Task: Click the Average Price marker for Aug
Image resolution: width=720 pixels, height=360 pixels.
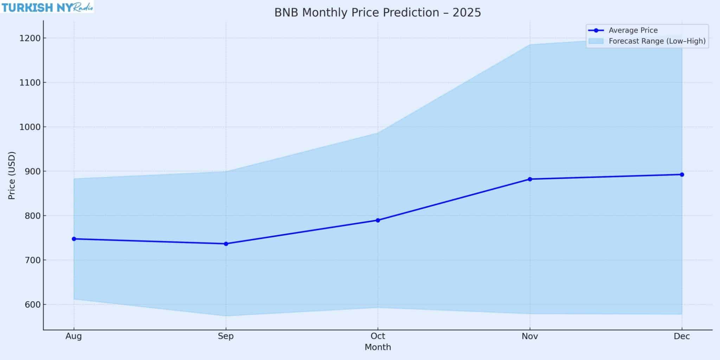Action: click(74, 239)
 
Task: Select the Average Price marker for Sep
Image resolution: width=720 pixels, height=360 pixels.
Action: click(226, 244)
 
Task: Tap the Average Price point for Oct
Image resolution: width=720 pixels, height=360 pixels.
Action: click(378, 220)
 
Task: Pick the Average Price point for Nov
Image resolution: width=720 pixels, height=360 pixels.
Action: click(530, 179)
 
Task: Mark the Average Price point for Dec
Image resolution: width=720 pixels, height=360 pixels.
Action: click(682, 174)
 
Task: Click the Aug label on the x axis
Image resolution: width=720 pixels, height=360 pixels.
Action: click(74, 336)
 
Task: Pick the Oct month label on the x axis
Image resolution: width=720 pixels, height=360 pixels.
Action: click(378, 336)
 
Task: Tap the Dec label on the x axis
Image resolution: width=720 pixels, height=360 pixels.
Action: click(682, 336)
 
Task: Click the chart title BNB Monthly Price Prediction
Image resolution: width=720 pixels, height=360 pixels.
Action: click(378, 13)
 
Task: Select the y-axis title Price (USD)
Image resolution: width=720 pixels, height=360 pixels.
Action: click(12, 175)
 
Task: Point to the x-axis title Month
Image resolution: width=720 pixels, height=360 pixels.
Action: click(378, 347)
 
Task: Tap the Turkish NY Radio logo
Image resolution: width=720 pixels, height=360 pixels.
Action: click(47, 7)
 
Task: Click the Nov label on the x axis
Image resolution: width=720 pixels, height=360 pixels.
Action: click(530, 336)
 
